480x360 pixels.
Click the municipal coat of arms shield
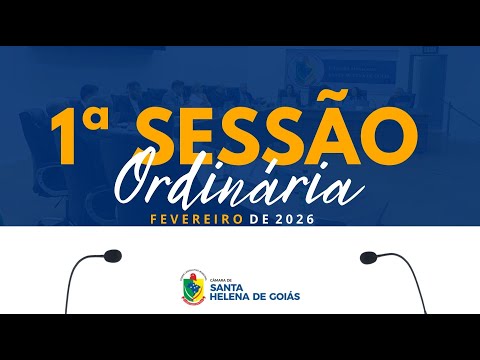tap(189, 287)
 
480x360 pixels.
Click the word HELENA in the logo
tap(231, 296)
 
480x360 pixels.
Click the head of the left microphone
tap(108, 257)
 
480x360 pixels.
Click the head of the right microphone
tap(370, 257)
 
